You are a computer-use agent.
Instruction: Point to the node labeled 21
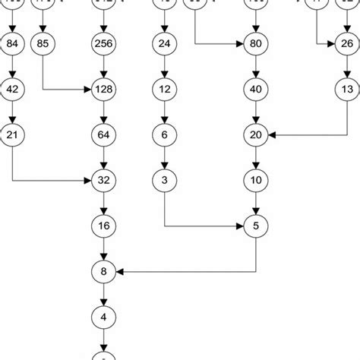click(13, 135)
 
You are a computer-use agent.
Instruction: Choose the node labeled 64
click(103, 135)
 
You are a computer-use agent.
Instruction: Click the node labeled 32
click(103, 181)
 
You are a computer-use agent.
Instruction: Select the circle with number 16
click(103, 226)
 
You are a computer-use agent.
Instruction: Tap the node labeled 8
click(103, 270)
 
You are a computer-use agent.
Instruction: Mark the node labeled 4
click(103, 314)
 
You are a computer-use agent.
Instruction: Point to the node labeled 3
click(164, 181)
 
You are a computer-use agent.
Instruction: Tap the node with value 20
click(255, 135)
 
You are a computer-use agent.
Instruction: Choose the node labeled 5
click(255, 226)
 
